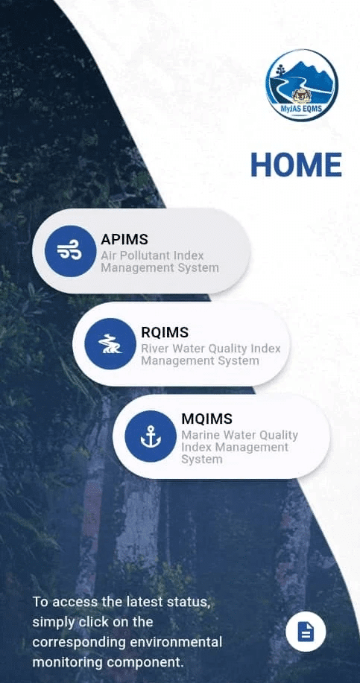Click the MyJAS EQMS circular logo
(302, 85)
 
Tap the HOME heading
(297, 165)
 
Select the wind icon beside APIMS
(70, 251)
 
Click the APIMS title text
(124, 239)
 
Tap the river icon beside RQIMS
(110, 343)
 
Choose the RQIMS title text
(165, 332)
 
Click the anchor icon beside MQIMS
(151, 436)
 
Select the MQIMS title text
(207, 419)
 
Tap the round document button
(306, 632)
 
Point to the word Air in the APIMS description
(107, 255)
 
